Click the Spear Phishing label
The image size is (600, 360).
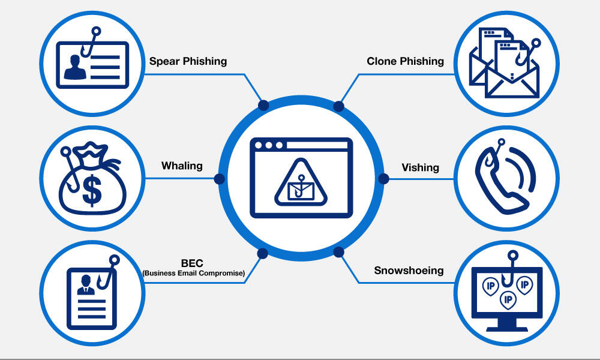(x=188, y=61)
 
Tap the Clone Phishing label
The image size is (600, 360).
(x=405, y=61)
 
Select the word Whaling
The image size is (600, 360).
(x=182, y=166)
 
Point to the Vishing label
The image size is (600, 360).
(x=420, y=167)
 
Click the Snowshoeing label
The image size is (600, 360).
(x=409, y=271)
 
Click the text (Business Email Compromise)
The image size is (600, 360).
(x=193, y=274)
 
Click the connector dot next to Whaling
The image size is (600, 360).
(x=219, y=179)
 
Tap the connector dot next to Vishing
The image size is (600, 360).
(x=383, y=179)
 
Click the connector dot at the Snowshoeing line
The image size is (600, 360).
(x=338, y=251)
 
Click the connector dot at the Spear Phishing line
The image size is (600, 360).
(x=262, y=106)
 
